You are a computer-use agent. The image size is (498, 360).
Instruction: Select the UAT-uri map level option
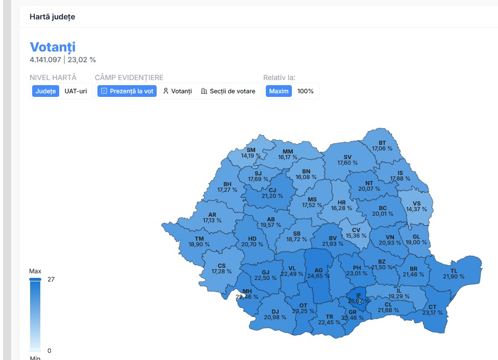click(x=76, y=91)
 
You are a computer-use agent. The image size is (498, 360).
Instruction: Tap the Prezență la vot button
click(x=127, y=91)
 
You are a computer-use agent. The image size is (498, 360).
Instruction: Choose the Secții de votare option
click(x=230, y=91)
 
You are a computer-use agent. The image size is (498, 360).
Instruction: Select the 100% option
click(x=305, y=91)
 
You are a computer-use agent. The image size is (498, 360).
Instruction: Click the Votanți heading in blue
click(x=53, y=47)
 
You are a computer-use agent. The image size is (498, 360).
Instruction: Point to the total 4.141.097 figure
click(x=45, y=60)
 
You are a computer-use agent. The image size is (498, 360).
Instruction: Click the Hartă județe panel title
click(x=52, y=17)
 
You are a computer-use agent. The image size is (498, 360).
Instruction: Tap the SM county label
click(x=251, y=150)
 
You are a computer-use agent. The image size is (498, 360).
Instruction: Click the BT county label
click(x=382, y=143)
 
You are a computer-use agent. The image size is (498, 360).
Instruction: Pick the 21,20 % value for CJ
click(x=272, y=196)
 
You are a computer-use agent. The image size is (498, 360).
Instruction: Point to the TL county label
click(x=454, y=271)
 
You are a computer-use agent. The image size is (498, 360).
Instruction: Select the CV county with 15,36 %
click(x=356, y=233)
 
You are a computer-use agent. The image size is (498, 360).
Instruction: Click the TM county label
click(x=199, y=239)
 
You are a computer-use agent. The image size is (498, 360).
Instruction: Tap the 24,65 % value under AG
click(x=318, y=276)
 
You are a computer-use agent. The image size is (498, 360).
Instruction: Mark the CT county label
click(x=432, y=307)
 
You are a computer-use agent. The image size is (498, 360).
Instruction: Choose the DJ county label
click(x=275, y=312)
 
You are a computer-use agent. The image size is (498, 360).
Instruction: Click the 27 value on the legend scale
click(x=51, y=279)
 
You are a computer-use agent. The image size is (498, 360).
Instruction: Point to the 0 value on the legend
click(x=49, y=350)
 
